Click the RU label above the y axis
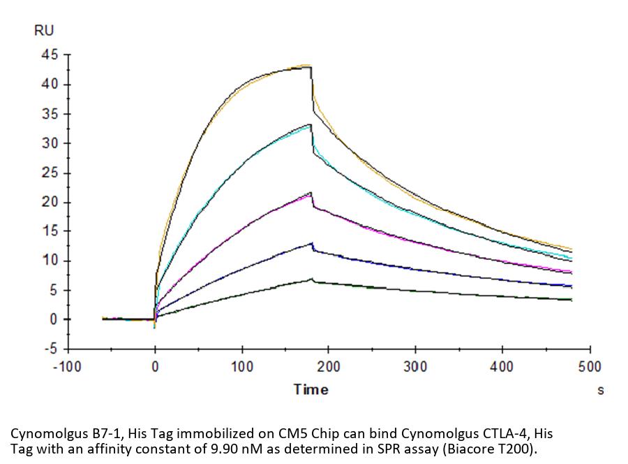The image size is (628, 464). point(43,30)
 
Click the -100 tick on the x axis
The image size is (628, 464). point(68,366)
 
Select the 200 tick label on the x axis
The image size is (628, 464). point(328,366)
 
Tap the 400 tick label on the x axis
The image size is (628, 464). point(502,366)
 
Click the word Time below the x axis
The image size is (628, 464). point(311,390)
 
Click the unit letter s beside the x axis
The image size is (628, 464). point(600,391)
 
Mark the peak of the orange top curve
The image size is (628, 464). point(308,65)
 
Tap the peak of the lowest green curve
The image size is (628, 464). point(311,280)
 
